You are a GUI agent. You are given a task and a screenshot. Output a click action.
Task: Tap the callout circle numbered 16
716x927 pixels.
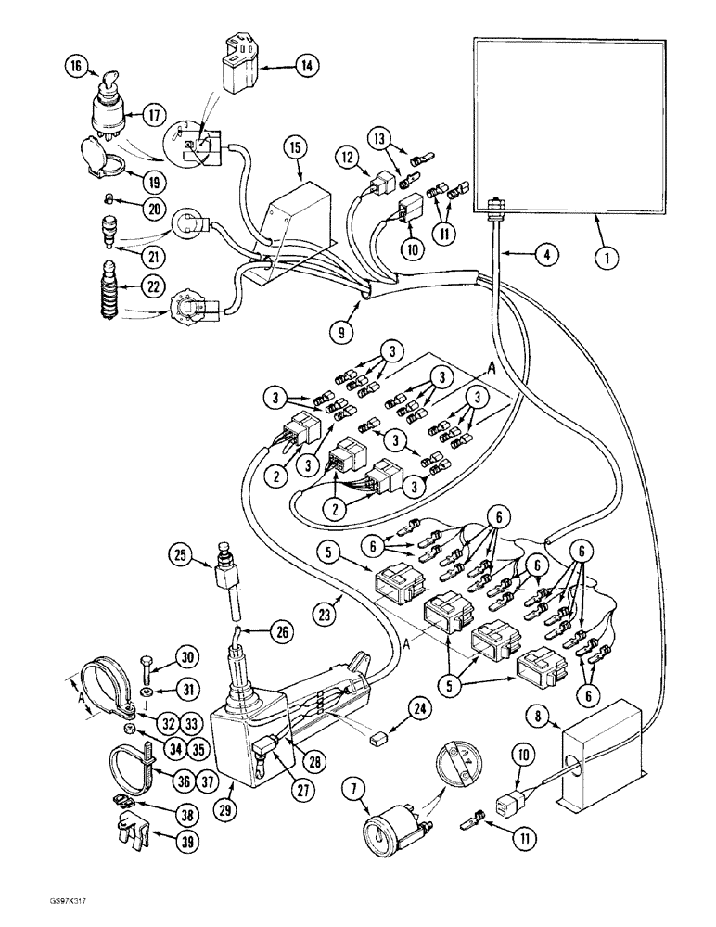tap(78, 67)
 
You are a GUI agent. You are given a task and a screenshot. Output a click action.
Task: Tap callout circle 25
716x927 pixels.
tap(182, 556)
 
